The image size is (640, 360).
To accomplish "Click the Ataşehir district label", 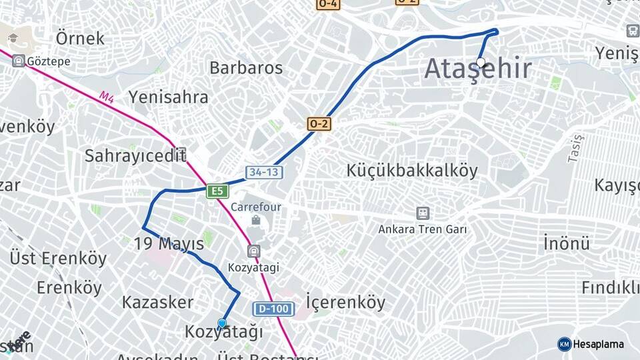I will pyautogui.click(x=478, y=69).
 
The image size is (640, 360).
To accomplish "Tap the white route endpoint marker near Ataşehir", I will pyautogui.click(x=481, y=62).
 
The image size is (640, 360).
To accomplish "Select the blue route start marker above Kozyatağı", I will pyautogui.click(x=222, y=323).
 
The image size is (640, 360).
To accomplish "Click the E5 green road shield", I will pyautogui.click(x=217, y=191).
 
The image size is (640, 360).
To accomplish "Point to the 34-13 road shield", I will pyautogui.click(x=264, y=172).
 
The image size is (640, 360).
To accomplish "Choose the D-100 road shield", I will pyautogui.click(x=273, y=309).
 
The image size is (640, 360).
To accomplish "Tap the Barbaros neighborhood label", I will pyautogui.click(x=246, y=67).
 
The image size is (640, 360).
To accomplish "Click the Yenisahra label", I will pyautogui.click(x=168, y=97).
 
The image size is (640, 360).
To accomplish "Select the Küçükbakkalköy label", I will pyautogui.click(x=412, y=171).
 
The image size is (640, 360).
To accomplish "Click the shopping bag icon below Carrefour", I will pyautogui.click(x=256, y=220).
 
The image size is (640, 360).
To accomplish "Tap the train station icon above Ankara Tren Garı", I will pyautogui.click(x=423, y=213).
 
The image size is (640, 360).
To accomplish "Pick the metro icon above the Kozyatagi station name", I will pyautogui.click(x=253, y=251).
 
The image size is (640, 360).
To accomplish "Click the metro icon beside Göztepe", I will pyautogui.click(x=19, y=61).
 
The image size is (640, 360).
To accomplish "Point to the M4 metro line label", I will pyautogui.click(x=107, y=97).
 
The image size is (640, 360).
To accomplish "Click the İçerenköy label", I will pyautogui.click(x=345, y=302).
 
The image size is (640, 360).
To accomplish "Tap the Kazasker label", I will pyautogui.click(x=157, y=302).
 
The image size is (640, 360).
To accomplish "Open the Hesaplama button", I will pyautogui.click(x=591, y=344).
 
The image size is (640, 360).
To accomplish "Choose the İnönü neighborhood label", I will pyautogui.click(x=566, y=243).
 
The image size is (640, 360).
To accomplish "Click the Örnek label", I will pyautogui.click(x=80, y=38).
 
